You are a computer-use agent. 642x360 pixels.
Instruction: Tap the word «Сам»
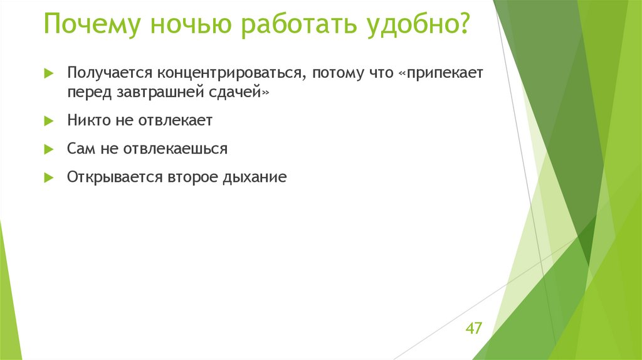coord(80,149)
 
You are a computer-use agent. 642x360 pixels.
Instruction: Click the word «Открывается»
coord(114,177)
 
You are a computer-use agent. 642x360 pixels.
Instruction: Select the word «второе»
coord(192,177)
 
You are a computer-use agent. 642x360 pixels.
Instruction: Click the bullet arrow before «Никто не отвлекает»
coord(48,120)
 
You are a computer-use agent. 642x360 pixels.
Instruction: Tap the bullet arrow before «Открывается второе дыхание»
coord(48,177)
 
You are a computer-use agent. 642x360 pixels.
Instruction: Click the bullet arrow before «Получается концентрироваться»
coord(48,73)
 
